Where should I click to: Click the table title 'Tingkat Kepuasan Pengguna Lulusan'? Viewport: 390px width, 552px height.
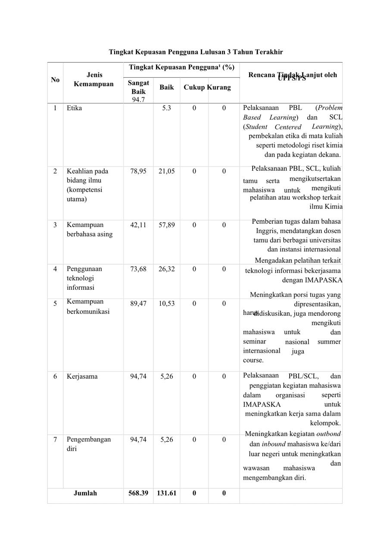click(x=196, y=52)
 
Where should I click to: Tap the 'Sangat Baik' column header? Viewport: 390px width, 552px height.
click(x=138, y=87)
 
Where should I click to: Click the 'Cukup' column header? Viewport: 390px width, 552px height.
click(x=194, y=88)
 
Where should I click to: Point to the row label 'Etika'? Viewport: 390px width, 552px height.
click(x=74, y=108)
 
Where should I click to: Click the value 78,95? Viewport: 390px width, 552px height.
click(x=138, y=171)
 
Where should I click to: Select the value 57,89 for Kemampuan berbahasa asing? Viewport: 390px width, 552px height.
click(x=166, y=225)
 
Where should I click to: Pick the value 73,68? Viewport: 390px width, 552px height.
click(x=138, y=269)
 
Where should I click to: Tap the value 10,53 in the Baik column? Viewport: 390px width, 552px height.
click(x=166, y=304)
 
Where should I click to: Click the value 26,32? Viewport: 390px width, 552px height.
click(x=166, y=269)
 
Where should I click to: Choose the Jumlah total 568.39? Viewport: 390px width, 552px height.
click(x=138, y=493)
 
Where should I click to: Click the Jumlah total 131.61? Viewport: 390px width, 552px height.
click(x=166, y=493)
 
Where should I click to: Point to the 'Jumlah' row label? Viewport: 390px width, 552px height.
click(x=85, y=493)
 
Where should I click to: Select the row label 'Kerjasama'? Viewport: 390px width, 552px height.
click(x=82, y=376)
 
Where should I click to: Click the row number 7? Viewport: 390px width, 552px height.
click(x=55, y=439)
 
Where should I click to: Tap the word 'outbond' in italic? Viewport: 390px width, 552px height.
click(x=328, y=434)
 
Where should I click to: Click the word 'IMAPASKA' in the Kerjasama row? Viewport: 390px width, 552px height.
click(x=262, y=405)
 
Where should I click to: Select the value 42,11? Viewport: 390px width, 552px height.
click(x=138, y=225)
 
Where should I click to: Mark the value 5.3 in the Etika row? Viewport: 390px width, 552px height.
click(x=166, y=108)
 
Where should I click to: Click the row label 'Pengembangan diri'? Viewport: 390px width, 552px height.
click(x=88, y=444)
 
